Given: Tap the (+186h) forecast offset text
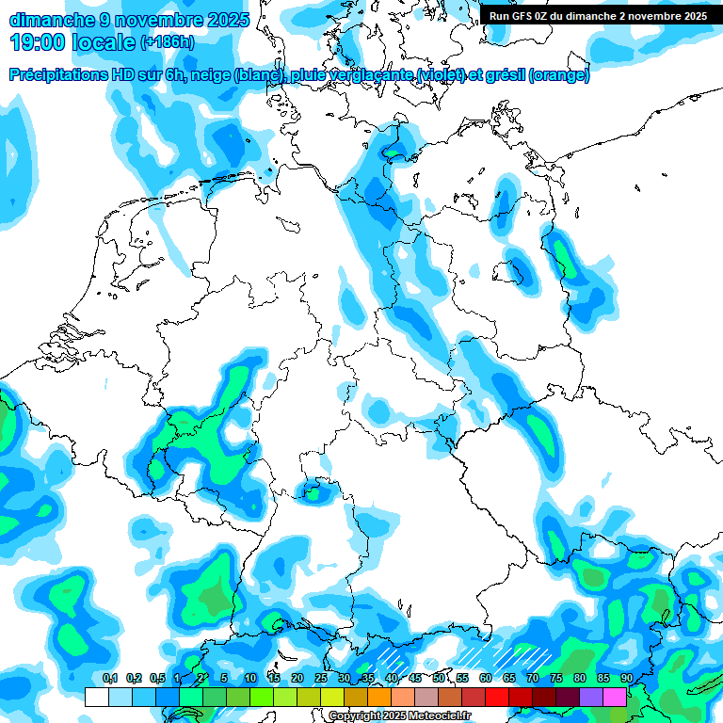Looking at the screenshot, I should click(x=167, y=42).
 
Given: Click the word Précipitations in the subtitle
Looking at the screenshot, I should click(x=56, y=75).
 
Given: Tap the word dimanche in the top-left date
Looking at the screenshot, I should click(x=51, y=19).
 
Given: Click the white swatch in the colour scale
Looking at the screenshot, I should click(x=96, y=698).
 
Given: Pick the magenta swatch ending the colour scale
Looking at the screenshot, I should click(x=615, y=698).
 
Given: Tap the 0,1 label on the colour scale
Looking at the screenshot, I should click(x=109, y=679).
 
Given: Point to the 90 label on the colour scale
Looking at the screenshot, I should click(x=626, y=679).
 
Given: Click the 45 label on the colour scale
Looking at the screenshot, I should click(x=414, y=679).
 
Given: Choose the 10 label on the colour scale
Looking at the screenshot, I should click(x=249, y=679).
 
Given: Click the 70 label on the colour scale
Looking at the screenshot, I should click(x=532, y=679).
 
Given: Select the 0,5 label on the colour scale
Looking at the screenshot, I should click(x=156, y=679).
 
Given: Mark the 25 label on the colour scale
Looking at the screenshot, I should click(x=320, y=679).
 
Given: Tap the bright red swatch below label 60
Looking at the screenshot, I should click(x=496, y=698).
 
